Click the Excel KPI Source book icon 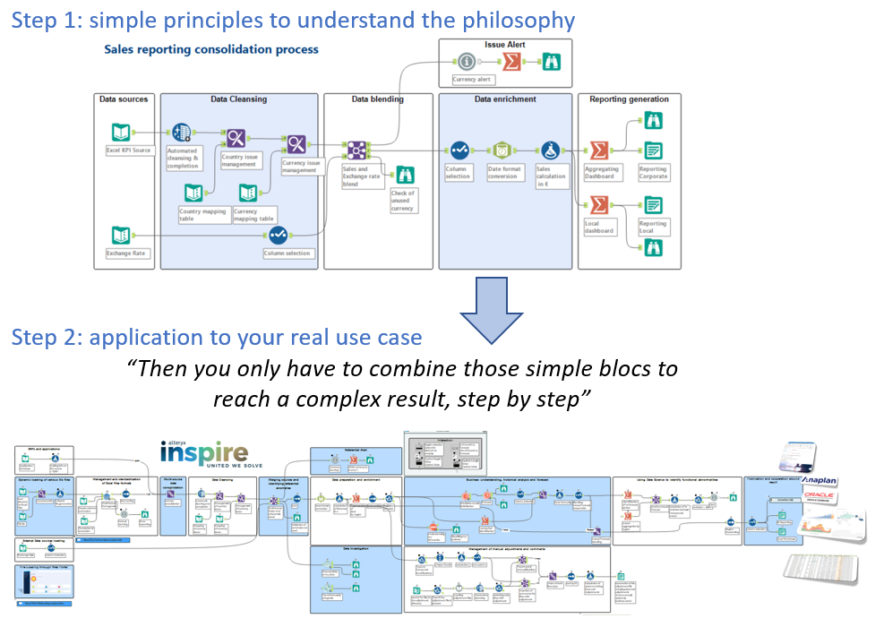(x=121, y=133)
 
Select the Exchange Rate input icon (x=121, y=236)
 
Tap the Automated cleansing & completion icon (x=182, y=133)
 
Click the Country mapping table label (x=202, y=215)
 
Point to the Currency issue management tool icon (x=296, y=143)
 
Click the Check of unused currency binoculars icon (x=405, y=176)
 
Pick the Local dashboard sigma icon (x=597, y=205)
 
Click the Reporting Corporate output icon (x=654, y=150)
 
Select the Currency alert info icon (x=466, y=62)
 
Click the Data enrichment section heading (x=505, y=99)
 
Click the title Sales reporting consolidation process (x=211, y=50)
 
